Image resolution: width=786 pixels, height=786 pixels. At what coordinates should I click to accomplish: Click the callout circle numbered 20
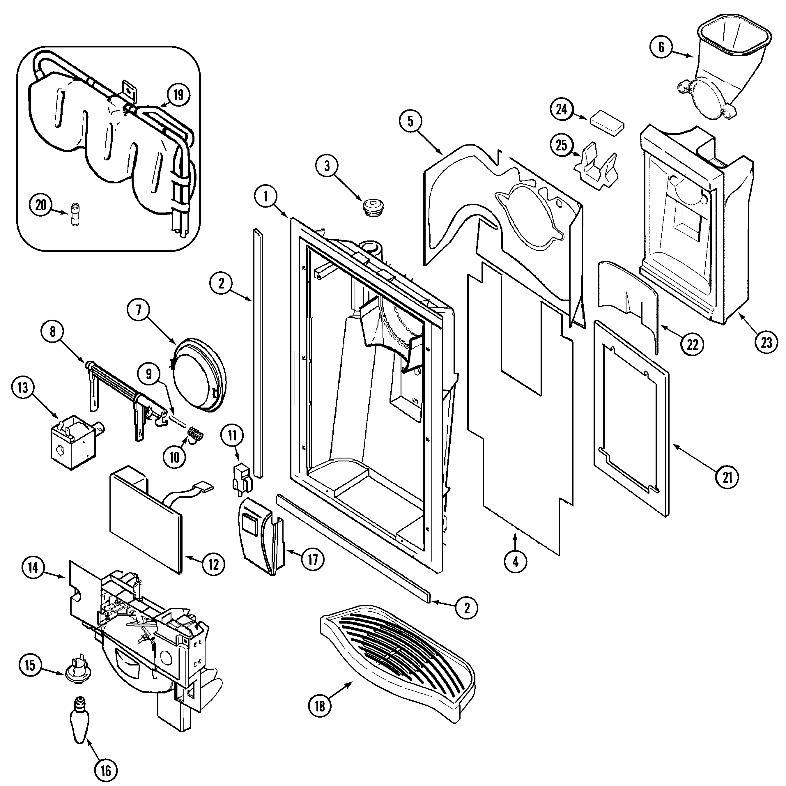(x=41, y=205)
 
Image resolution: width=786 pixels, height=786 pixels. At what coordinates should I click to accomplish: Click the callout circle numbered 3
(x=327, y=167)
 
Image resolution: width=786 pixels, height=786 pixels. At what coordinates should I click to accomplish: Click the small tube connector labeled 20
(x=75, y=214)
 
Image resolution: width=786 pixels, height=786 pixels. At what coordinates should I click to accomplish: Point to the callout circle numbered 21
(x=727, y=477)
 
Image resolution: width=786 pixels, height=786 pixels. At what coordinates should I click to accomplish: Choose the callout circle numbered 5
(x=410, y=121)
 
